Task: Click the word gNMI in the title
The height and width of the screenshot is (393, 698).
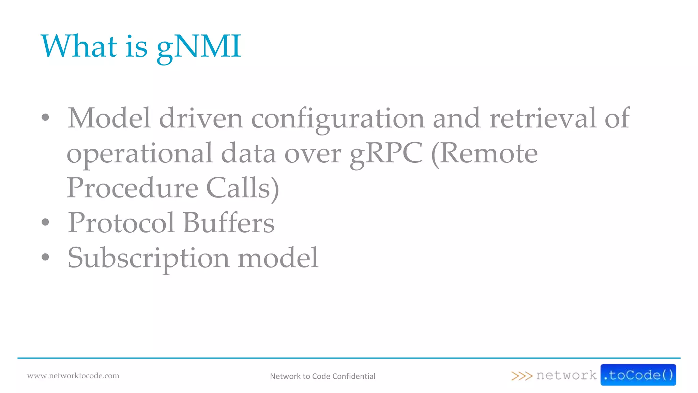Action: click(199, 47)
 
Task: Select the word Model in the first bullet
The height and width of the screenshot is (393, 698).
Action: click(109, 118)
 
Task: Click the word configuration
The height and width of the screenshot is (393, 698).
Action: click(338, 119)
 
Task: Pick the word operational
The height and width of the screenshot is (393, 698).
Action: click(139, 154)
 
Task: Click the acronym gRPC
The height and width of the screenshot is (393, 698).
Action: click(386, 154)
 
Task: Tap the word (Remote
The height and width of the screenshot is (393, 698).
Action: click(484, 154)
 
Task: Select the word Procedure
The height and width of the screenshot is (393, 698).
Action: click(132, 188)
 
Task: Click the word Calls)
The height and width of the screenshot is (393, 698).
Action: click(243, 188)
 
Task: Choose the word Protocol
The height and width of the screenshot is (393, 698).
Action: click(121, 223)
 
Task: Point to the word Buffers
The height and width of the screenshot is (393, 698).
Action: click(229, 223)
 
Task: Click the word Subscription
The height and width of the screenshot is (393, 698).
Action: click(148, 258)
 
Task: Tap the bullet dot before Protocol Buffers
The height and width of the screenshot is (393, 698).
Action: click(45, 222)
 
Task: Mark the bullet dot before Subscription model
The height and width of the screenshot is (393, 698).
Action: click(45, 257)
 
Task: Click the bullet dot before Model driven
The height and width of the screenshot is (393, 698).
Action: click(45, 118)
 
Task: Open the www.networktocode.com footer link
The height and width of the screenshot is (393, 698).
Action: click(73, 376)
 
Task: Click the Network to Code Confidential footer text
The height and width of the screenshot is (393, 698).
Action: click(322, 376)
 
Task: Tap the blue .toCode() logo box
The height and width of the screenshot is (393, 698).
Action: click(638, 375)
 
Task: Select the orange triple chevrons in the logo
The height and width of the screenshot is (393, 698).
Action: click(521, 376)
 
